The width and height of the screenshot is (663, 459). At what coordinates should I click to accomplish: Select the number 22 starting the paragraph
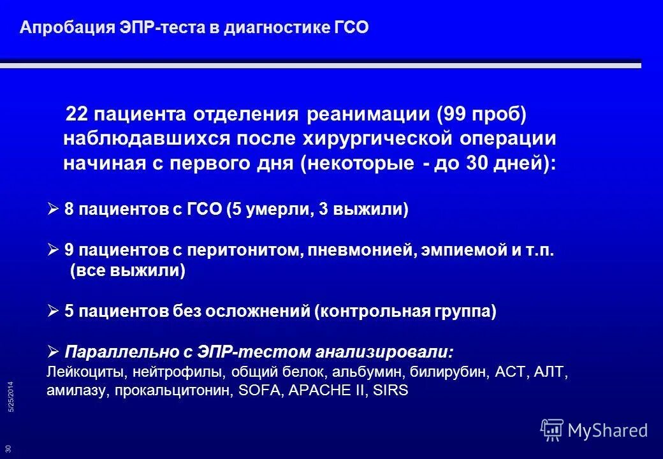pos(77,115)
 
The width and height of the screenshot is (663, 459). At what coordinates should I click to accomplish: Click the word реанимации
pos(359,115)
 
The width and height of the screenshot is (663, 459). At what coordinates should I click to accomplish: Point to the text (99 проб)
pos(472,115)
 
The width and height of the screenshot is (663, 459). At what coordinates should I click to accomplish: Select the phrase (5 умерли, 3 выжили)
pos(317,210)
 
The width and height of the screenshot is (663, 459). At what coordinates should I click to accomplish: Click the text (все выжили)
pos(127,271)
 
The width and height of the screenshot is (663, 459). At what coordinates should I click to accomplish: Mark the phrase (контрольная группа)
pos(405,312)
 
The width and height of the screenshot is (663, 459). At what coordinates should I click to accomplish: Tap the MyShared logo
pos(594,430)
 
